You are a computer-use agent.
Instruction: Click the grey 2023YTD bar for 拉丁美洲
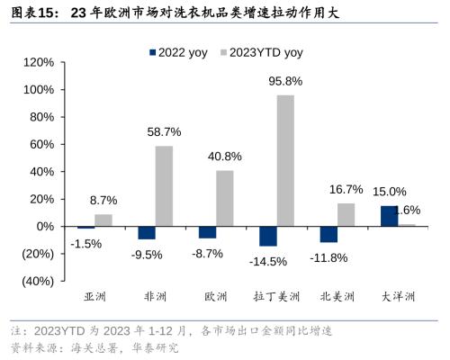point(285,160)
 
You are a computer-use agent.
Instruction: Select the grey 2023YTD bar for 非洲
point(164,185)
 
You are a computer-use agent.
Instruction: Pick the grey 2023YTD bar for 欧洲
point(224,198)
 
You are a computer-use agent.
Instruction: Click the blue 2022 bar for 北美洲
point(328,234)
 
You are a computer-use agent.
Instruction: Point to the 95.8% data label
point(285,82)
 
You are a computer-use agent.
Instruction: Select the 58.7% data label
point(164,132)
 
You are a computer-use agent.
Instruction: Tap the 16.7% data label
point(346,189)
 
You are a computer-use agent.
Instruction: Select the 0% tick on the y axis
point(45,227)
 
